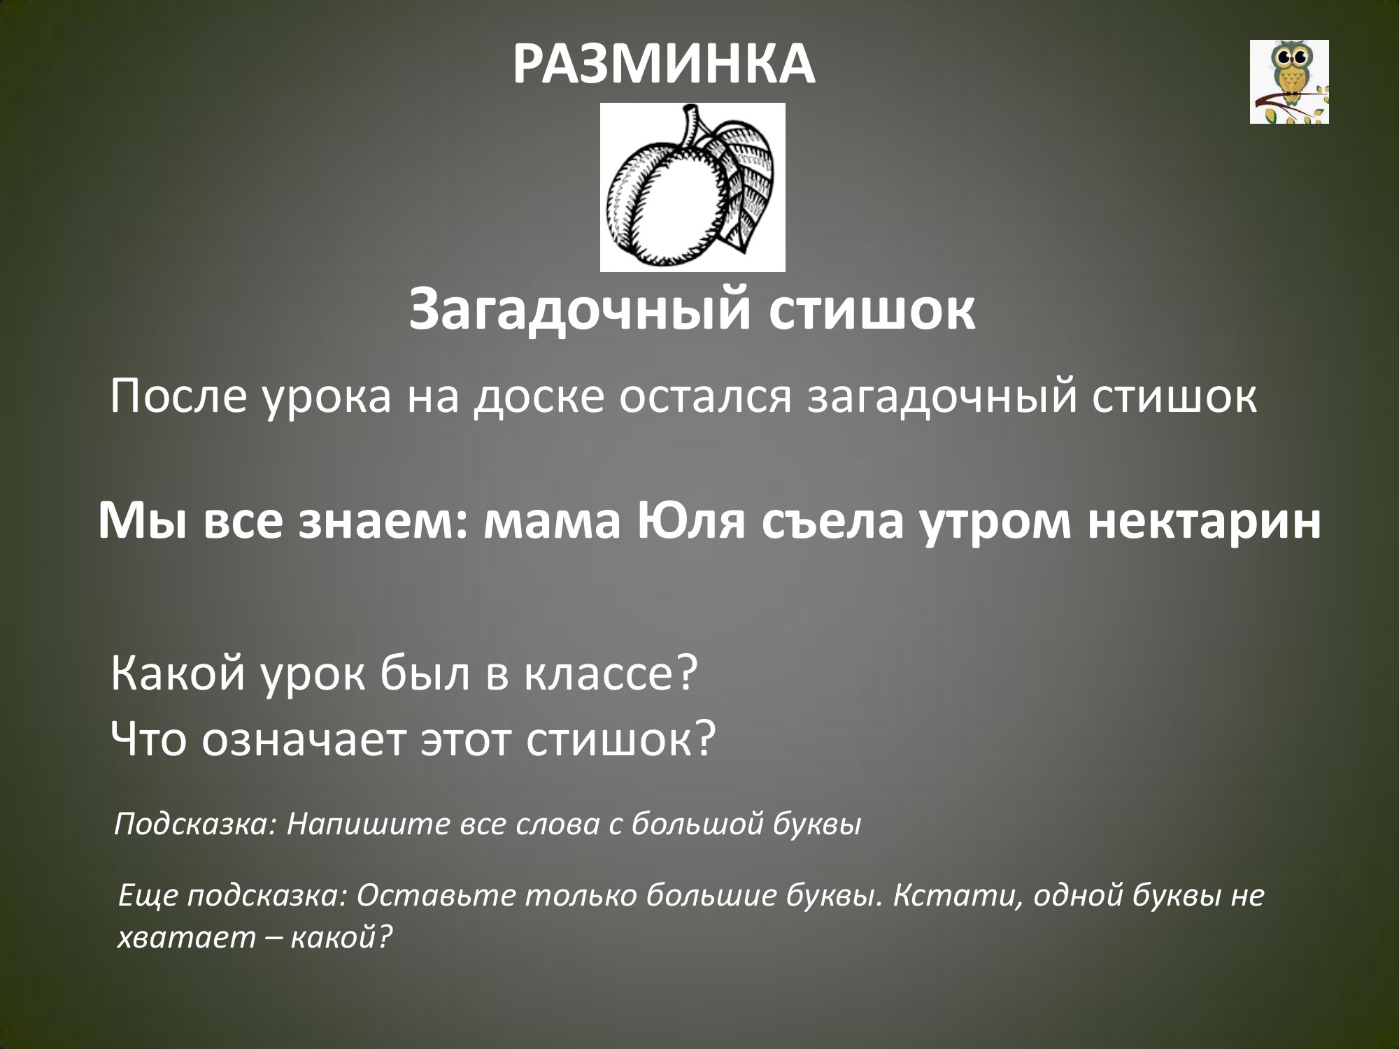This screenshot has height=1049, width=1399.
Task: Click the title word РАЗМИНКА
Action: click(x=664, y=65)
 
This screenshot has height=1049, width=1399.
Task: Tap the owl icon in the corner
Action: click(x=1289, y=82)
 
